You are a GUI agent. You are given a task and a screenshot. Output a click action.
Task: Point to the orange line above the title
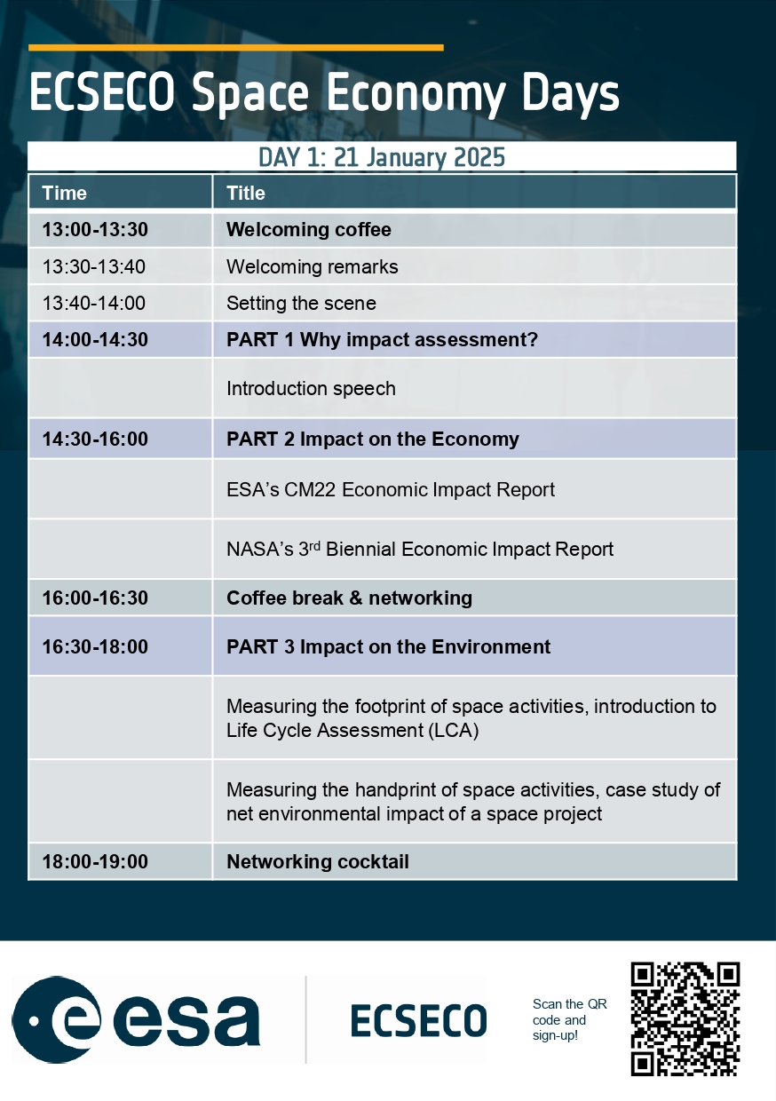pos(236,48)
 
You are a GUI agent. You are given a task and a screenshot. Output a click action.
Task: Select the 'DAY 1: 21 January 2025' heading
pos(382,157)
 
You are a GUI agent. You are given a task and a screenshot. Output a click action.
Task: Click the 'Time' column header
pos(65,194)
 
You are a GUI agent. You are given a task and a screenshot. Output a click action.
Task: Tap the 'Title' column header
pos(246,194)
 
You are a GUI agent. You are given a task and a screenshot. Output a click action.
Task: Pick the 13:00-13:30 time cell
pos(95,230)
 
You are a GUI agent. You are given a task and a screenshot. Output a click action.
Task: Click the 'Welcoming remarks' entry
pos(313,267)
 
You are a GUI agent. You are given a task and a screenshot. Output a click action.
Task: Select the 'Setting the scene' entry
pos(301,304)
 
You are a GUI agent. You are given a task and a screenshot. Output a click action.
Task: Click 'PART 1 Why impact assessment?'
pos(383,340)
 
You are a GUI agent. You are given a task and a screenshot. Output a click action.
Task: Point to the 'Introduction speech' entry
pos(311,389)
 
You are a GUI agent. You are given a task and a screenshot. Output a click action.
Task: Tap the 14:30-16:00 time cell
pos(95,439)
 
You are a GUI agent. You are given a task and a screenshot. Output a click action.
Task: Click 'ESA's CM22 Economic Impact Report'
pos(391,489)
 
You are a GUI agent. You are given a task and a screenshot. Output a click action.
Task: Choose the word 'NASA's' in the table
pos(260,549)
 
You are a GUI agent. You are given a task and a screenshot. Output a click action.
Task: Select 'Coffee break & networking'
pos(350,598)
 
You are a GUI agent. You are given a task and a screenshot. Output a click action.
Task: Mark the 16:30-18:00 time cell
pos(95,646)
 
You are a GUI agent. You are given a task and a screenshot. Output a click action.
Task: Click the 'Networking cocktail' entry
pos(318,861)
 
